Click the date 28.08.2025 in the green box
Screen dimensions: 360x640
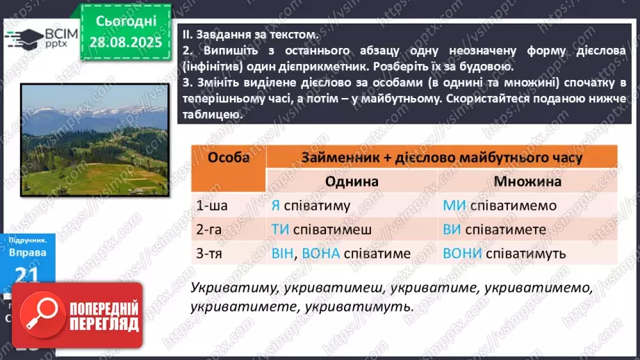pos(126,42)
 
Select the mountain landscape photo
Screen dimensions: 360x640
pos(94,140)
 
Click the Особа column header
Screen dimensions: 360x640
pos(229,158)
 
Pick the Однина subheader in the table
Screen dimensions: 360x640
pos(352,181)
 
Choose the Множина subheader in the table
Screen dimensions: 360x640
pos(527,181)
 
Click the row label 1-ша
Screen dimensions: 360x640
pos(212,206)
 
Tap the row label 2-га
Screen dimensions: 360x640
pos(212,229)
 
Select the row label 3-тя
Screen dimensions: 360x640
pos(212,254)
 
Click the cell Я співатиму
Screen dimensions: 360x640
pos(311,206)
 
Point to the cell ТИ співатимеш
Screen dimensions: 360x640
pos(321,229)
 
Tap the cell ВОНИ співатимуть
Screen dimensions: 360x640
pos(504,254)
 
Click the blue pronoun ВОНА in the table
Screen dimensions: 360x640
pos(321,254)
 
